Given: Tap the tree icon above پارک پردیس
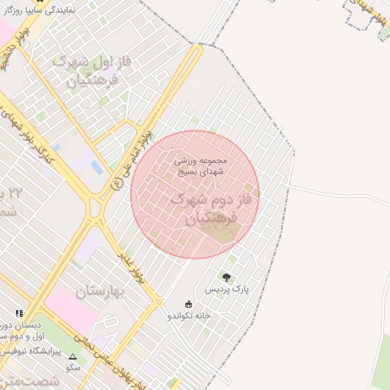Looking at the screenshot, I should point(225,277).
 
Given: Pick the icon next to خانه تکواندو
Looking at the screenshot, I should point(190,304).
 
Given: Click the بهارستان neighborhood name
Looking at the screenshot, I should point(104,290).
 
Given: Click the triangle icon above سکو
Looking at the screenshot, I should point(73,356).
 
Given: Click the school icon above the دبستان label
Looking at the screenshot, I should point(20,312).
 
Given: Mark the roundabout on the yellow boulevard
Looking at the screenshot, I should point(96,206).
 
